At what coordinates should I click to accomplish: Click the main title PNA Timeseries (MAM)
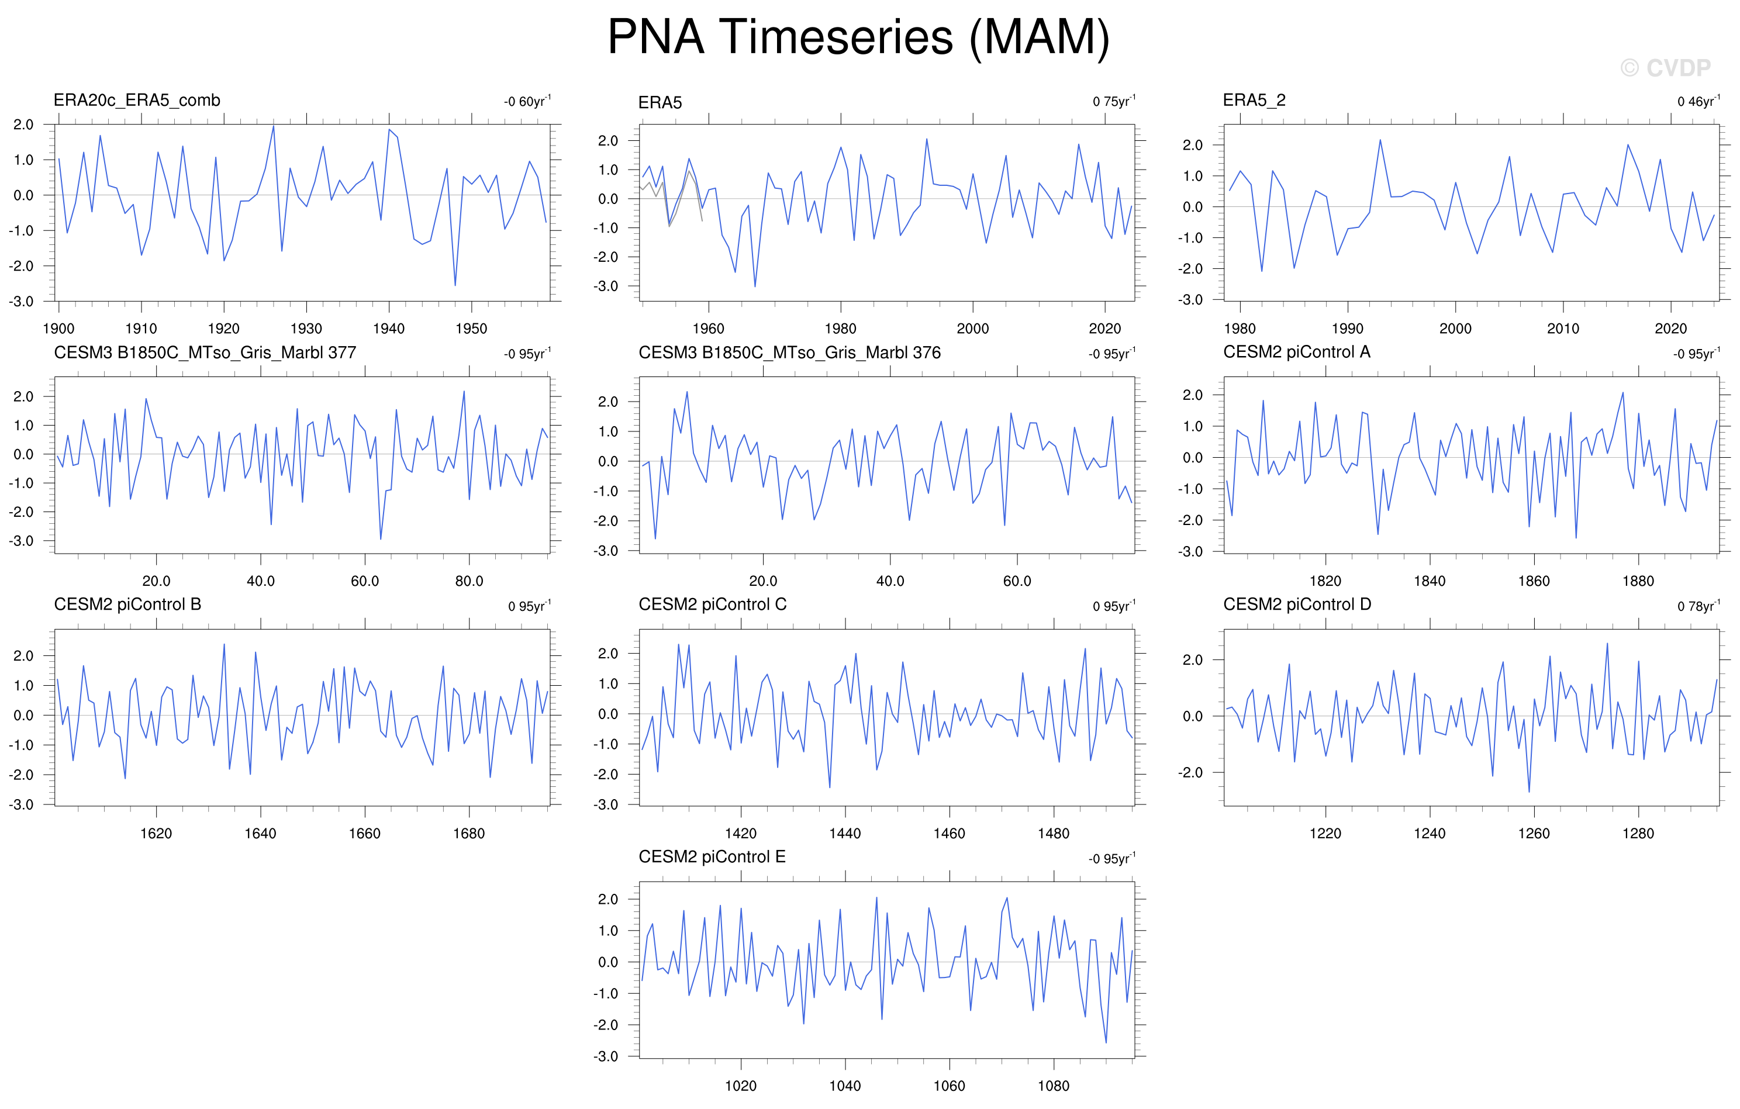[858, 37]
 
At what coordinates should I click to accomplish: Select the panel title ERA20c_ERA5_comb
[137, 101]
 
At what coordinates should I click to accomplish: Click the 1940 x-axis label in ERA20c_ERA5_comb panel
[389, 329]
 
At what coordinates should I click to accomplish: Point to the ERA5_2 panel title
[1254, 101]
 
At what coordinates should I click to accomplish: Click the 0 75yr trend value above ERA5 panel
[1113, 101]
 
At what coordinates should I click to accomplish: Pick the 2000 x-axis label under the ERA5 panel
[972, 329]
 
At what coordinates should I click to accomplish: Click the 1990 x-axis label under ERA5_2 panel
[1347, 329]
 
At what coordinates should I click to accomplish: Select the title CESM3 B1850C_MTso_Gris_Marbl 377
[205, 353]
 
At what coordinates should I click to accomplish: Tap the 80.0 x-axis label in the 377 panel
[469, 581]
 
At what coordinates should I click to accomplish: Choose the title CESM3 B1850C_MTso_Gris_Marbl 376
[790, 353]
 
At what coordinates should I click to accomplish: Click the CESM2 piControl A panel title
[1296, 352]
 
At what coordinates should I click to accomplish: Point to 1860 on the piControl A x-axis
[1534, 581]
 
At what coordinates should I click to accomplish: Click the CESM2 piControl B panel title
[128, 604]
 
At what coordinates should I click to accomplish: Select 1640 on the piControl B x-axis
[260, 834]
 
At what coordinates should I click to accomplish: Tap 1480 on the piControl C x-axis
[1054, 834]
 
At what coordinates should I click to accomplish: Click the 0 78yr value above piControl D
[1698, 606]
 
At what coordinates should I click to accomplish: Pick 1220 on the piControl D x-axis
[1325, 834]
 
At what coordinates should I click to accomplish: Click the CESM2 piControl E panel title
[712, 857]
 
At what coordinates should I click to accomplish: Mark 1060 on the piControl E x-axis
[949, 1086]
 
